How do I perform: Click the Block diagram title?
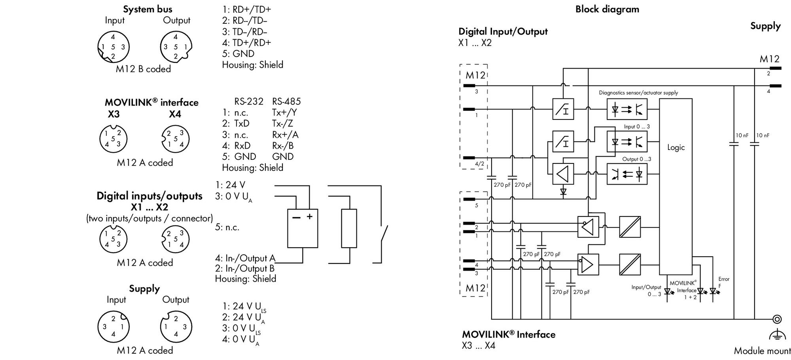[607, 9]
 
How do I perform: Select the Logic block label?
[676, 148]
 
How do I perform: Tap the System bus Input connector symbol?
[114, 47]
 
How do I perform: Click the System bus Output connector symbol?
[176, 47]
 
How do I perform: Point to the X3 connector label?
[114, 114]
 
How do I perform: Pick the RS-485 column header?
[286, 102]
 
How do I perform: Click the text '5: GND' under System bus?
[238, 54]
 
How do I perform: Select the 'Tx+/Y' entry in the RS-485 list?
[284, 112]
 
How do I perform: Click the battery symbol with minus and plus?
[303, 228]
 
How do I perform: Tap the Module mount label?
[762, 351]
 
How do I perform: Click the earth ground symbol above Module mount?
[777, 334]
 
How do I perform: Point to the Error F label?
[724, 282]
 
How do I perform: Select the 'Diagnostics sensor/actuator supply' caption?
[638, 93]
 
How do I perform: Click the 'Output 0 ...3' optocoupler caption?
[637, 159]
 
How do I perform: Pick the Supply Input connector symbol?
[114, 327]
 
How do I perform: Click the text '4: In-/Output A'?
[245, 258]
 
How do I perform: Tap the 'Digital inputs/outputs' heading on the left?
[149, 196]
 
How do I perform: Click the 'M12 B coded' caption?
[143, 69]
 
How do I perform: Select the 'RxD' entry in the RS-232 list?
[242, 146]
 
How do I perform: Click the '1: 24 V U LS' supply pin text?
[244, 307]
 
